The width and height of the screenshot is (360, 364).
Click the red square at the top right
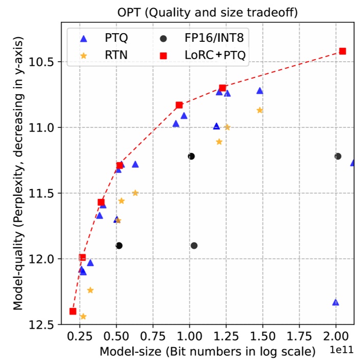(x=343, y=51)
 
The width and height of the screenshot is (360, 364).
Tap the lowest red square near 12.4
(x=73, y=311)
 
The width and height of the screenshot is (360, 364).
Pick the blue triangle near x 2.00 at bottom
(x=336, y=302)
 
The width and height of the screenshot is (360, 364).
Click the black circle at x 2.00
(x=338, y=156)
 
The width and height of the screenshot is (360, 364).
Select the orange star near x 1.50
(x=260, y=110)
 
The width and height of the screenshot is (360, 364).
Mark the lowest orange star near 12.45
(x=83, y=317)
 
